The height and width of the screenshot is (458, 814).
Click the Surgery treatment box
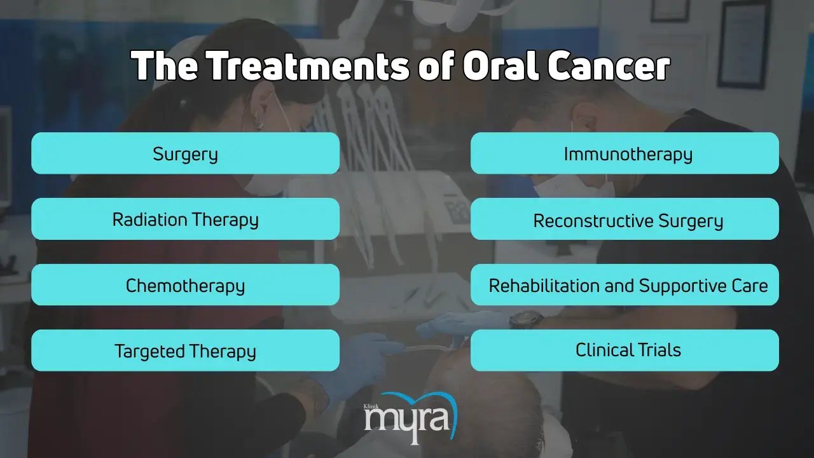185,153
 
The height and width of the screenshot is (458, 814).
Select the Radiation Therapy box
185,219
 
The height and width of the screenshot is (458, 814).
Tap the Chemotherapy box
185,284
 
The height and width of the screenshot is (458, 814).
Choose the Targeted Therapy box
185,350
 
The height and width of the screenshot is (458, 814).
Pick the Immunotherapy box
624,153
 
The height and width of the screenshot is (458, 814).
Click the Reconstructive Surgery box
624,219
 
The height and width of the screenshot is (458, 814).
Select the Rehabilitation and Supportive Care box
624,284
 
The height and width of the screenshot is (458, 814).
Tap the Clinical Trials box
624,350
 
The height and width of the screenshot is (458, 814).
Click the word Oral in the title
500,66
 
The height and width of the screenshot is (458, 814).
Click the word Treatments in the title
309,66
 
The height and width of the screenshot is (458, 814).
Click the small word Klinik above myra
371,406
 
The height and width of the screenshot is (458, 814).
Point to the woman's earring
258,121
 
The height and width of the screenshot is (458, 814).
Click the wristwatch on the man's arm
526,320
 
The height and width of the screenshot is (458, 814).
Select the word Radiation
149,219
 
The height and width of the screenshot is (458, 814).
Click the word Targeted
149,352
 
